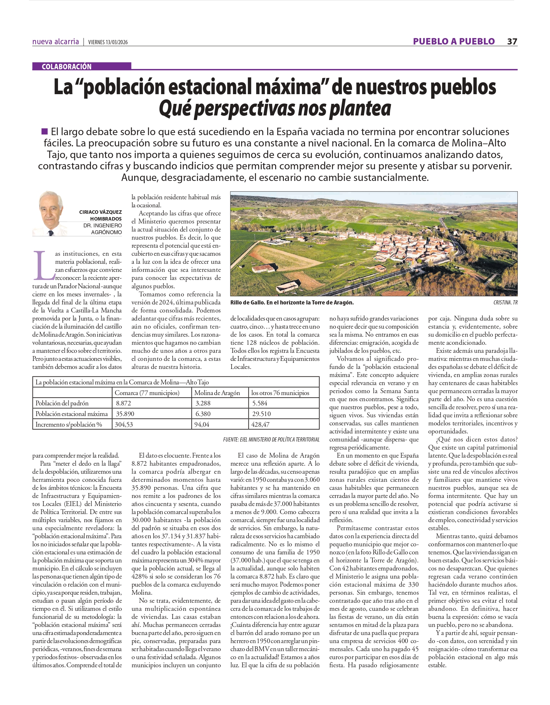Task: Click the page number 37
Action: [x=512, y=42]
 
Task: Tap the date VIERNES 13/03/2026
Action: [x=108, y=42]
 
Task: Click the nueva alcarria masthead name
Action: [x=55, y=42]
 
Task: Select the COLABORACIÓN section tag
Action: [x=66, y=66]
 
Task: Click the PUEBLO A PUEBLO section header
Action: [x=454, y=42]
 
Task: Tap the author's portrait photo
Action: [x=51, y=214]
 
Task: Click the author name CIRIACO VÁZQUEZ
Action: [x=100, y=212]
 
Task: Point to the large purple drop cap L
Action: [x=44, y=266]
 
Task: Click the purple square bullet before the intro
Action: [x=44, y=131]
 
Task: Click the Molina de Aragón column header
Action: [x=217, y=393]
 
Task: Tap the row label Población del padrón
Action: [x=62, y=403]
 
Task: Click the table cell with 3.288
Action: [x=203, y=403]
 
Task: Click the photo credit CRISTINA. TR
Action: [x=505, y=303]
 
